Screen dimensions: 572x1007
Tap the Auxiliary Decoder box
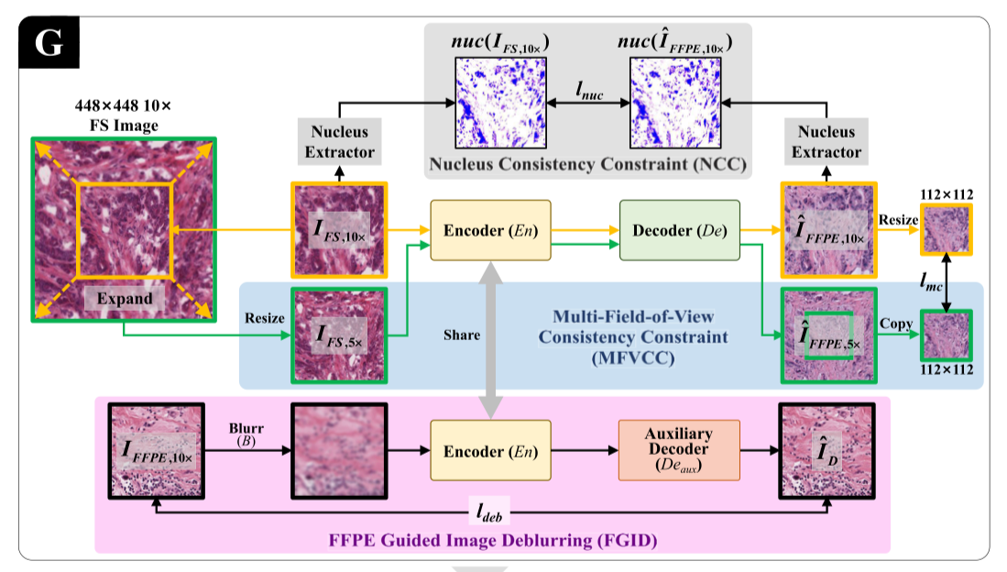click(x=679, y=451)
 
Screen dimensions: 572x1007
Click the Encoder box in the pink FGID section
click(x=490, y=451)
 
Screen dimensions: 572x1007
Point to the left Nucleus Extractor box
click(x=339, y=142)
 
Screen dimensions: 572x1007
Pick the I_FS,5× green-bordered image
click(x=338, y=335)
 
